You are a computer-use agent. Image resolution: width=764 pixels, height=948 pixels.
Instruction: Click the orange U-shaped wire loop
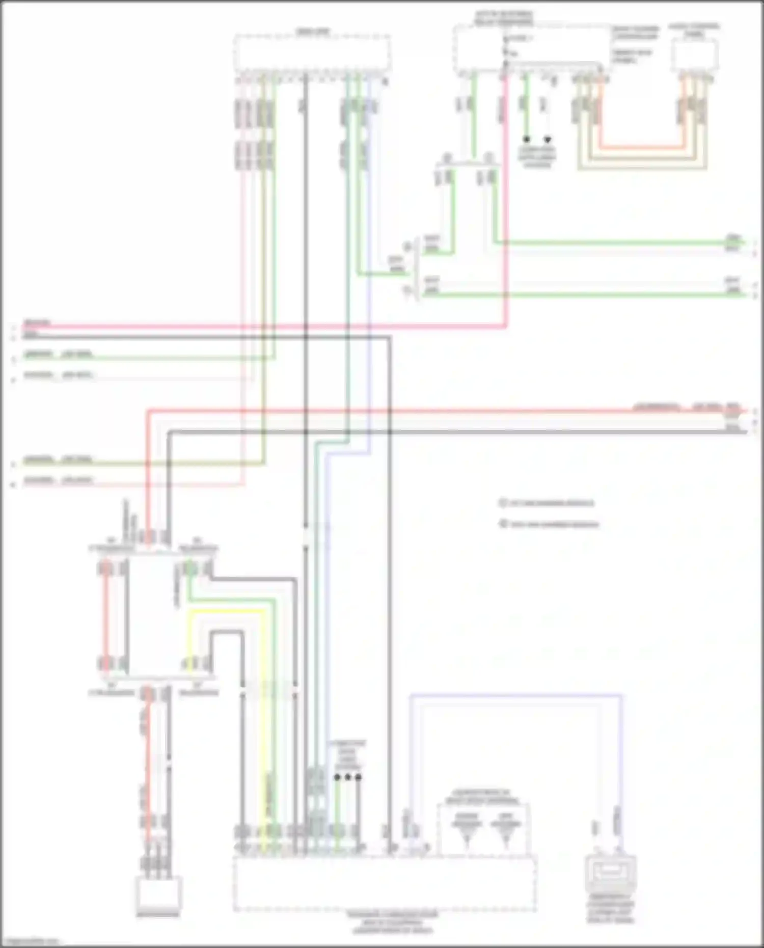click(x=642, y=147)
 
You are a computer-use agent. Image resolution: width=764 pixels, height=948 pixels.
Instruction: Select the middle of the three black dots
click(x=348, y=777)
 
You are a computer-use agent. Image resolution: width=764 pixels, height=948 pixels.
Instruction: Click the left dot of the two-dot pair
click(x=527, y=139)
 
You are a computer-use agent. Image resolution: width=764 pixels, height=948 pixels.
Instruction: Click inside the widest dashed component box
click(x=385, y=883)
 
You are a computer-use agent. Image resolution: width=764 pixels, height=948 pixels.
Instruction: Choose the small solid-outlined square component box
click(x=158, y=895)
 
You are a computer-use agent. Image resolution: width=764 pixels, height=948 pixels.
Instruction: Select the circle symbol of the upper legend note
click(x=503, y=503)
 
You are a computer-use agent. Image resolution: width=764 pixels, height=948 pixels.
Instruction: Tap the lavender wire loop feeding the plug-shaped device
click(x=514, y=694)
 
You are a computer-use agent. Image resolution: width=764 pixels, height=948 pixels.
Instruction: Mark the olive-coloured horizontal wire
click(x=153, y=464)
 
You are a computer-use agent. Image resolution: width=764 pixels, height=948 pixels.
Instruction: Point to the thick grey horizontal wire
click(x=458, y=432)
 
